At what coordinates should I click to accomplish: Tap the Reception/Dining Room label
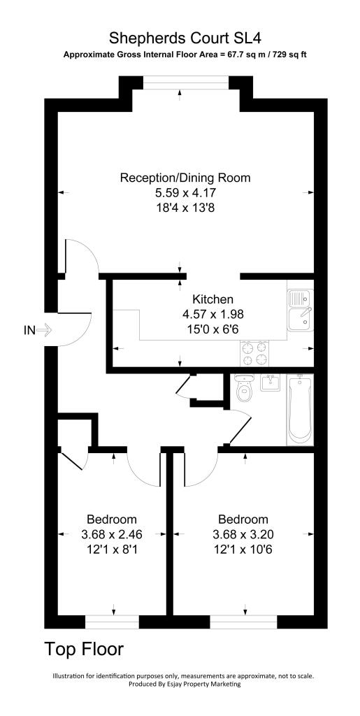(x=185, y=178)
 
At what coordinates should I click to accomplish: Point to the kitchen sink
(x=301, y=310)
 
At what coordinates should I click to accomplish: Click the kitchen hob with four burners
(x=255, y=353)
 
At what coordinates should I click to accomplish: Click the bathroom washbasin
(x=270, y=382)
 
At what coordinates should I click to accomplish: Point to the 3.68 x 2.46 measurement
(x=112, y=534)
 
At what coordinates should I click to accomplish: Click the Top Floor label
(x=84, y=649)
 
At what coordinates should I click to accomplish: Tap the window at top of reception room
(x=185, y=83)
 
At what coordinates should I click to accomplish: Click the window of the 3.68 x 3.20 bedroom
(x=243, y=620)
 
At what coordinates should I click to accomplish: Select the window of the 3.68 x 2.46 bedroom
(x=112, y=620)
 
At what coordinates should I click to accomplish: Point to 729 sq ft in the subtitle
(x=288, y=54)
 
